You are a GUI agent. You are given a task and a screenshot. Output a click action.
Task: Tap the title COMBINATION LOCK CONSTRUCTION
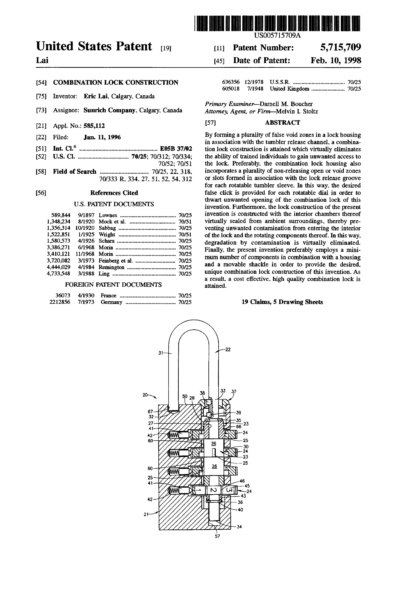(116, 83)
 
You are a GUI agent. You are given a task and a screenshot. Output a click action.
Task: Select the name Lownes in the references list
(108, 215)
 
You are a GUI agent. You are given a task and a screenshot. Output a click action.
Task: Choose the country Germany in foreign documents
(111, 302)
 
